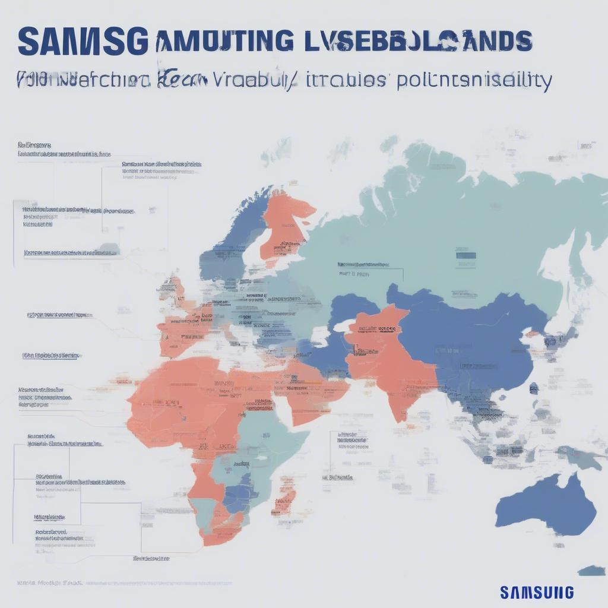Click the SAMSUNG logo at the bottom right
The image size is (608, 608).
537,592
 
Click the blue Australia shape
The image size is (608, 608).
546,505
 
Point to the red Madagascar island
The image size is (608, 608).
286,499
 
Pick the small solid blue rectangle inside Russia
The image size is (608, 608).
465,256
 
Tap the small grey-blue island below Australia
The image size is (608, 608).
591,571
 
